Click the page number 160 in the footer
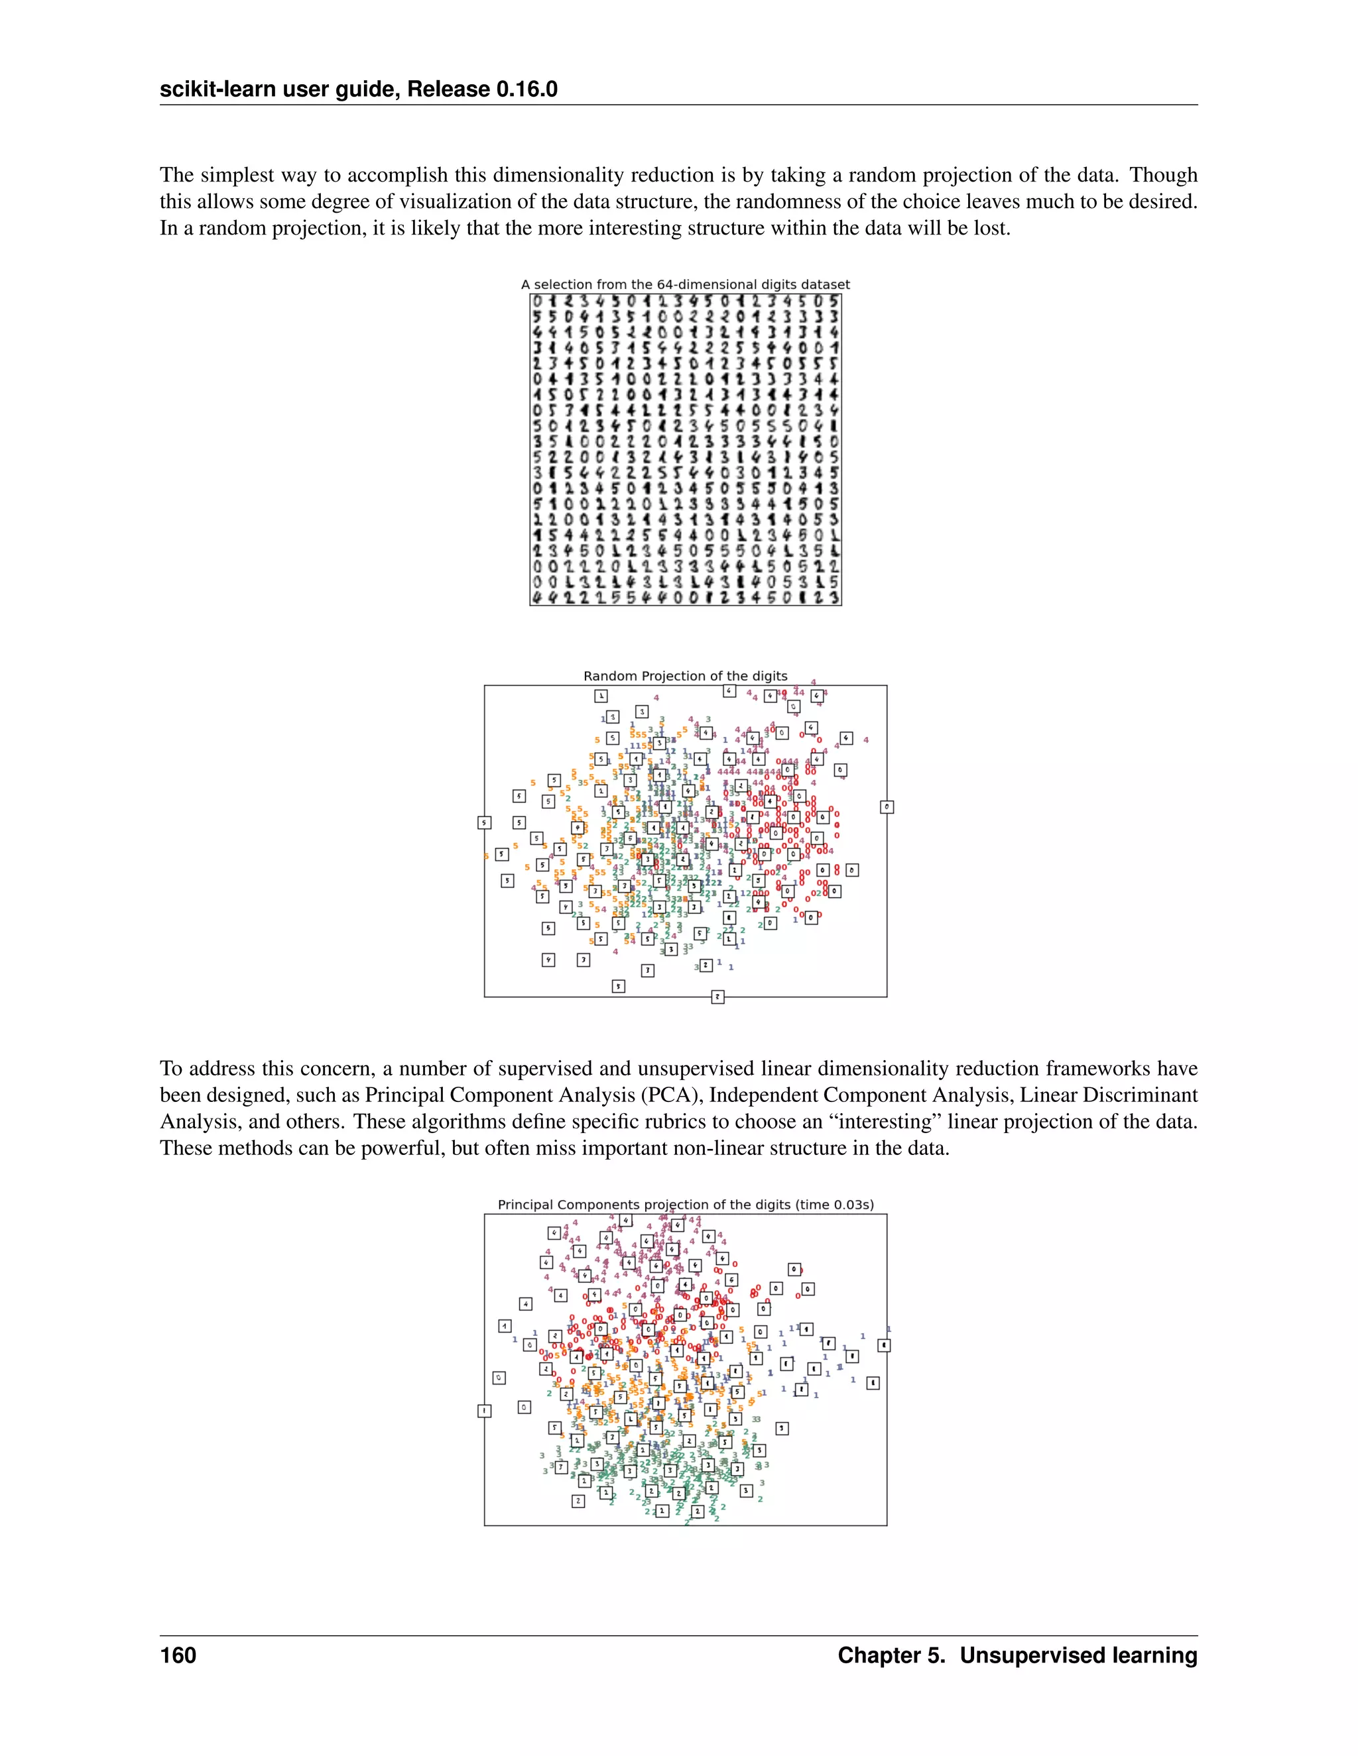[178, 1655]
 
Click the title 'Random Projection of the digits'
[684, 676]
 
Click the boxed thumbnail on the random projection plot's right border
[887, 806]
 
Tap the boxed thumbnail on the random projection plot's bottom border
[717, 997]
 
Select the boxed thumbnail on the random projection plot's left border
[484, 822]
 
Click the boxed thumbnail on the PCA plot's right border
[883, 1345]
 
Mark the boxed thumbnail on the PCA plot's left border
[484, 1411]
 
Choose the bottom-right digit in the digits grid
[834, 598]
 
